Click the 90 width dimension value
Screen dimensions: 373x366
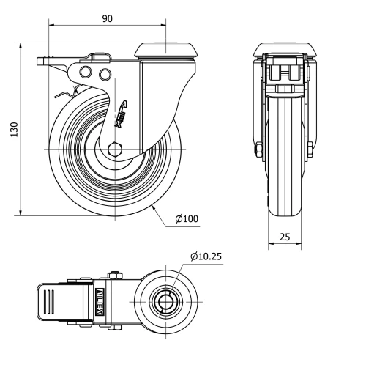coord(108,18)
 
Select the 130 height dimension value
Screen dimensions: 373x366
coord(13,128)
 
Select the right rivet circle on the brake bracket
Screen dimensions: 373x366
coord(104,74)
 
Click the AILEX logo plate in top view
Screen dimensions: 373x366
coord(100,300)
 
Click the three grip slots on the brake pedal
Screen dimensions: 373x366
coord(49,301)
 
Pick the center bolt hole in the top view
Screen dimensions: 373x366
coord(168,301)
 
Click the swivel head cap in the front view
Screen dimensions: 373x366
coord(283,50)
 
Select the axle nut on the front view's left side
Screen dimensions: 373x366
coord(258,151)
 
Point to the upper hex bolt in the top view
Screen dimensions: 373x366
coord(114,276)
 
